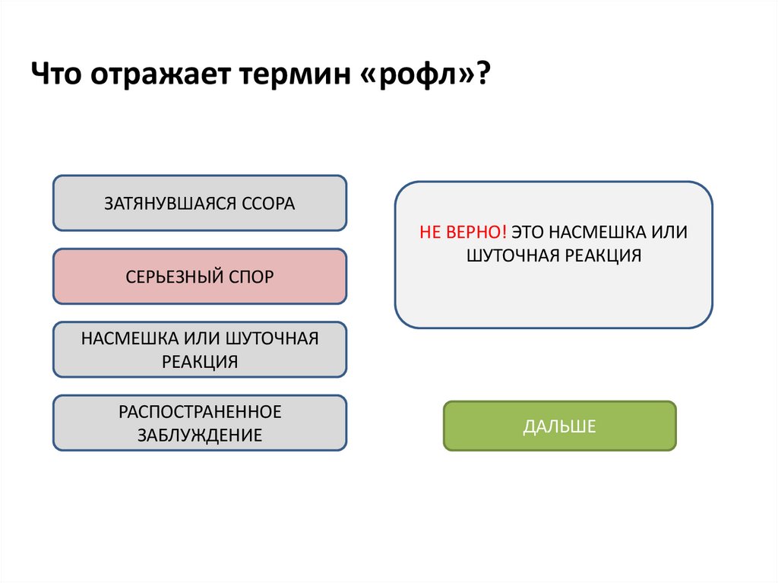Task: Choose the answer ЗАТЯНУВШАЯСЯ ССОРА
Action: (x=200, y=203)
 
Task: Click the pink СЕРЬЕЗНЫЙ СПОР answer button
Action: (x=200, y=276)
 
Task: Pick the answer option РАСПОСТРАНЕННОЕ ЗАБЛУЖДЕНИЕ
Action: (x=200, y=423)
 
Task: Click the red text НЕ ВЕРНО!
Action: (x=463, y=232)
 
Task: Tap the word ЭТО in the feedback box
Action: (x=527, y=232)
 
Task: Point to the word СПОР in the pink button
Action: (x=250, y=276)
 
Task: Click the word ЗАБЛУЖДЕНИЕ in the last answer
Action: (x=200, y=436)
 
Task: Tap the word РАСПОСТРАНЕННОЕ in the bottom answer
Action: (x=200, y=412)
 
